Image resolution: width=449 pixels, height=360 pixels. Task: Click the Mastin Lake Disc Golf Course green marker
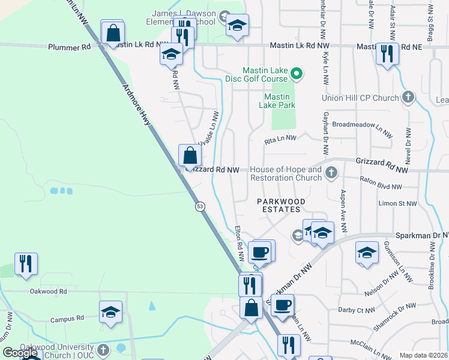(295, 74)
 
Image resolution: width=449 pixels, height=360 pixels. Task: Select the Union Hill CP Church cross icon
(408, 97)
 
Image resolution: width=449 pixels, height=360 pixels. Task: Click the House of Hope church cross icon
(331, 174)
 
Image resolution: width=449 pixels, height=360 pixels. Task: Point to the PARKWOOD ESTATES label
(282, 205)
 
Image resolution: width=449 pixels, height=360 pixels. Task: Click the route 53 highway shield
(199, 206)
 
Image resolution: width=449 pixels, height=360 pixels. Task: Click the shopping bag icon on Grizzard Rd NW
(190, 155)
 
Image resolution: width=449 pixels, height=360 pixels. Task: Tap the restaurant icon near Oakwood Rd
(26, 264)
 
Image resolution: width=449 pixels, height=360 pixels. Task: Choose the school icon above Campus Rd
(111, 312)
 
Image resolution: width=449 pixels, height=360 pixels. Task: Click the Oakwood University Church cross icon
(103, 349)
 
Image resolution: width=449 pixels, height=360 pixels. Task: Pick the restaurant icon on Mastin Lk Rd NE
(387, 54)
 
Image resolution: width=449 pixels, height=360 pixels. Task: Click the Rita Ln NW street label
(281, 139)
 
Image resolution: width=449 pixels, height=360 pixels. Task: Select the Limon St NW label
(397, 203)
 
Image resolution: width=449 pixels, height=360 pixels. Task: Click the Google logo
(20, 353)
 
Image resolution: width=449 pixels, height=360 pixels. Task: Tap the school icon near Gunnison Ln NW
(367, 253)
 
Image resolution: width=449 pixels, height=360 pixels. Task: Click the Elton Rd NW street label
(240, 243)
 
